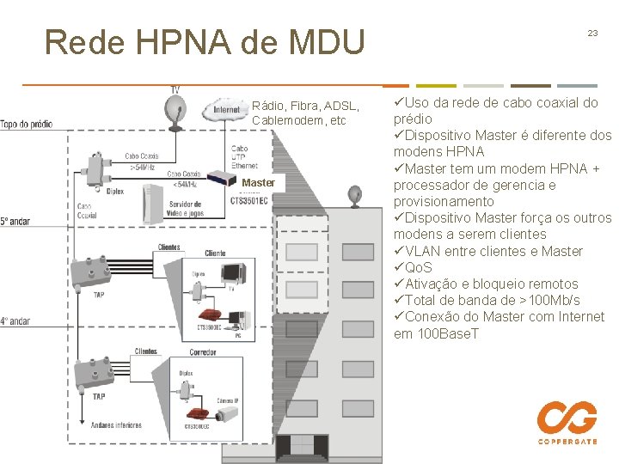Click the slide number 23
(x=592, y=33)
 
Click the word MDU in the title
(x=322, y=41)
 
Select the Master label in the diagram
(x=258, y=182)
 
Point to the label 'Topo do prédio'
(x=26, y=124)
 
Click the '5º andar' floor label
(x=15, y=221)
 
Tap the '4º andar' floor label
(x=15, y=321)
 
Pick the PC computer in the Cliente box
(x=239, y=320)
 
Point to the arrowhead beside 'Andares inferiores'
(x=83, y=424)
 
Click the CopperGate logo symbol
(x=567, y=418)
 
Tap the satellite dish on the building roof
(x=356, y=196)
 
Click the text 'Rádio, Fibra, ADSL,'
(x=305, y=106)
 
